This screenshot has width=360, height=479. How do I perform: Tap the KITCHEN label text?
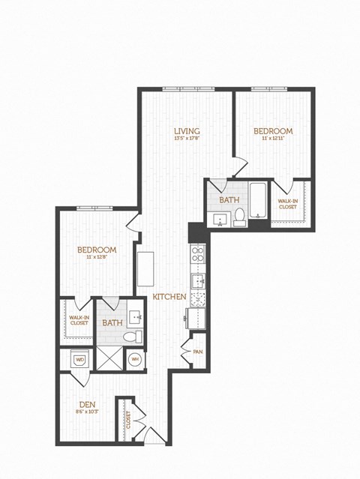(x=169, y=298)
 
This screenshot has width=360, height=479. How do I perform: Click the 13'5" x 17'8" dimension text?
(x=187, y=138)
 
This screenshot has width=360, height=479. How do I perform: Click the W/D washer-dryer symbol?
(x=80, y=360)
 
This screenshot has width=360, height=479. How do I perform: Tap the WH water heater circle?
(x=136, y=360)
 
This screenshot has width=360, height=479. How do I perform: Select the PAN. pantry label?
(x=198, y=351)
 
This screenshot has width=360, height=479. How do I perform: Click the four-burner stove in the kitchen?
(x=199, y=254)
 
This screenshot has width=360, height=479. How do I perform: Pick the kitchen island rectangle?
(x=145, y=267)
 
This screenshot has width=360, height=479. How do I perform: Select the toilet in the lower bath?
(x=129, y=337)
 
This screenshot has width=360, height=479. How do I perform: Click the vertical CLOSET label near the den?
(x=128, y=421)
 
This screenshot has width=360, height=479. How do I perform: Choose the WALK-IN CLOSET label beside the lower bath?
(x=78, y=320)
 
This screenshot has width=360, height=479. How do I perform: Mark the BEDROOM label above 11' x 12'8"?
(x=97, y=250)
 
